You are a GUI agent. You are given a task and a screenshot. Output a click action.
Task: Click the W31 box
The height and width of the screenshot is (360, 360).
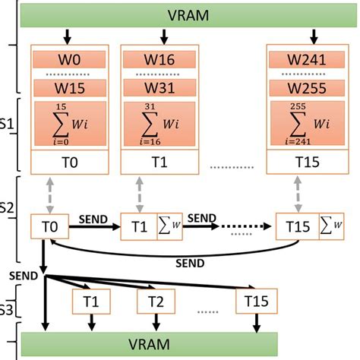163,89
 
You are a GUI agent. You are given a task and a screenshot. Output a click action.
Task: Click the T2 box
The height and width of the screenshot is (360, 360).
156,302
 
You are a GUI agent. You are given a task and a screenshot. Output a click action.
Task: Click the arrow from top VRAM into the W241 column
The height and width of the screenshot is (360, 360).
313,36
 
